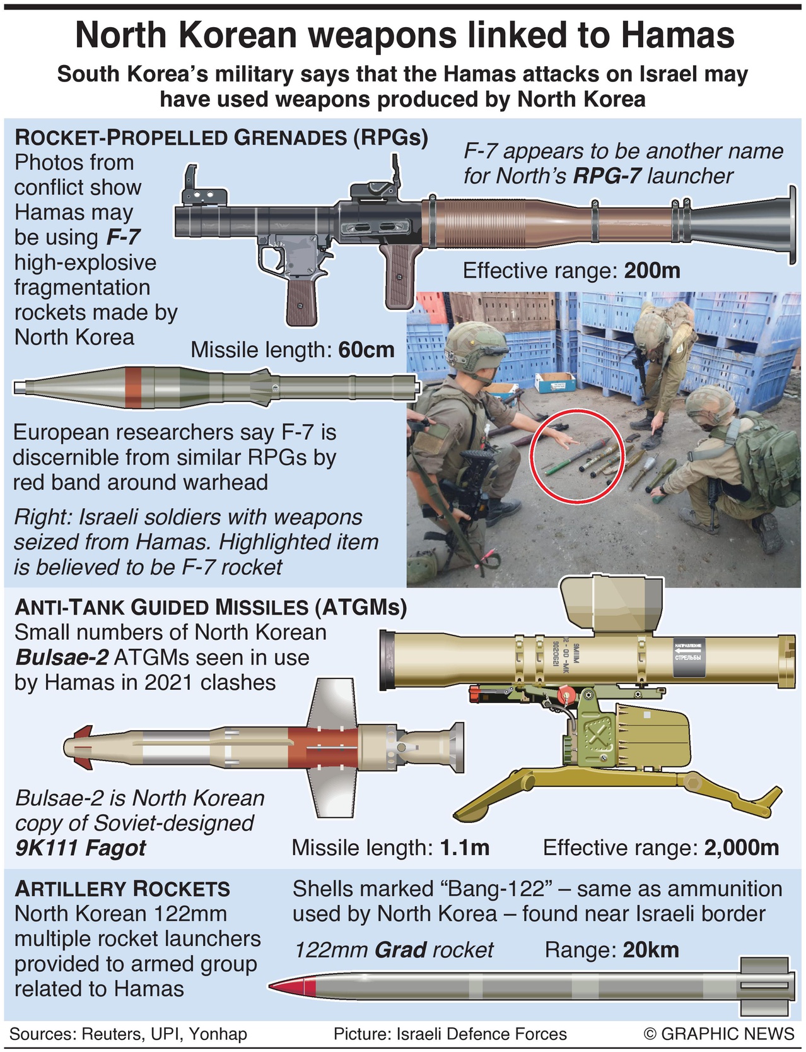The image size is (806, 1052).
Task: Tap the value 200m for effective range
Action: (x=652, y=271)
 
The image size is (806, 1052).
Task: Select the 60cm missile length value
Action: (x=366, y=350)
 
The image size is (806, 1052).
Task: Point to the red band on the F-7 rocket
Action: (x=133, y=387)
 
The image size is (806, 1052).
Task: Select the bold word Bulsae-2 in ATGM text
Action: (x=62, y=658)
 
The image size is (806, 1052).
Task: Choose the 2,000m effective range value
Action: (x=741, y=848)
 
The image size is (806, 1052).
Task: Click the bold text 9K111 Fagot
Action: (x=80, y=848)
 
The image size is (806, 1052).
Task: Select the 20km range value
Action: (x=651, y=950)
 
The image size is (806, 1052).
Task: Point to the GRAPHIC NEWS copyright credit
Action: (x=719, y=1034)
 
